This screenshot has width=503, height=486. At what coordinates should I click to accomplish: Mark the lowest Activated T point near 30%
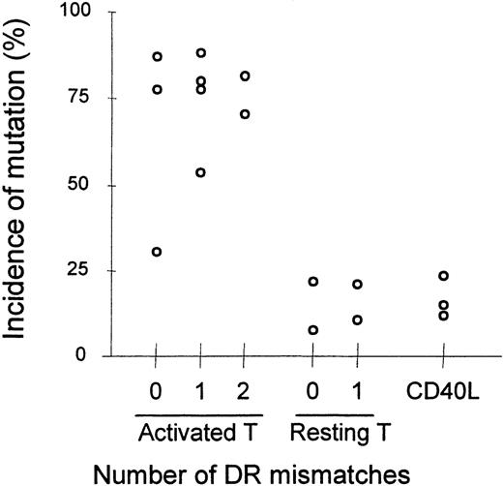(x=157, y=252)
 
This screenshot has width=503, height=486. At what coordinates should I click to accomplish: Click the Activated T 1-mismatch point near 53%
(x=201, y=172)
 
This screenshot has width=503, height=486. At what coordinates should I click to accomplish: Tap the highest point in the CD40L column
(x=443, y=276)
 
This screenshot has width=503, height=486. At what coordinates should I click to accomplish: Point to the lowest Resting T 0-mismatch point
(x=312, y=330)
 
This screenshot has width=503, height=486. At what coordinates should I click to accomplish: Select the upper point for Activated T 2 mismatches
(x=245, y=76)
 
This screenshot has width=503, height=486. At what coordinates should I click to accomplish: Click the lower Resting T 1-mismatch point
(x=357, y=319)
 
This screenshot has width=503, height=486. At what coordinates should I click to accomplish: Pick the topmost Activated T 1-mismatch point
(x=201, y=53)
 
